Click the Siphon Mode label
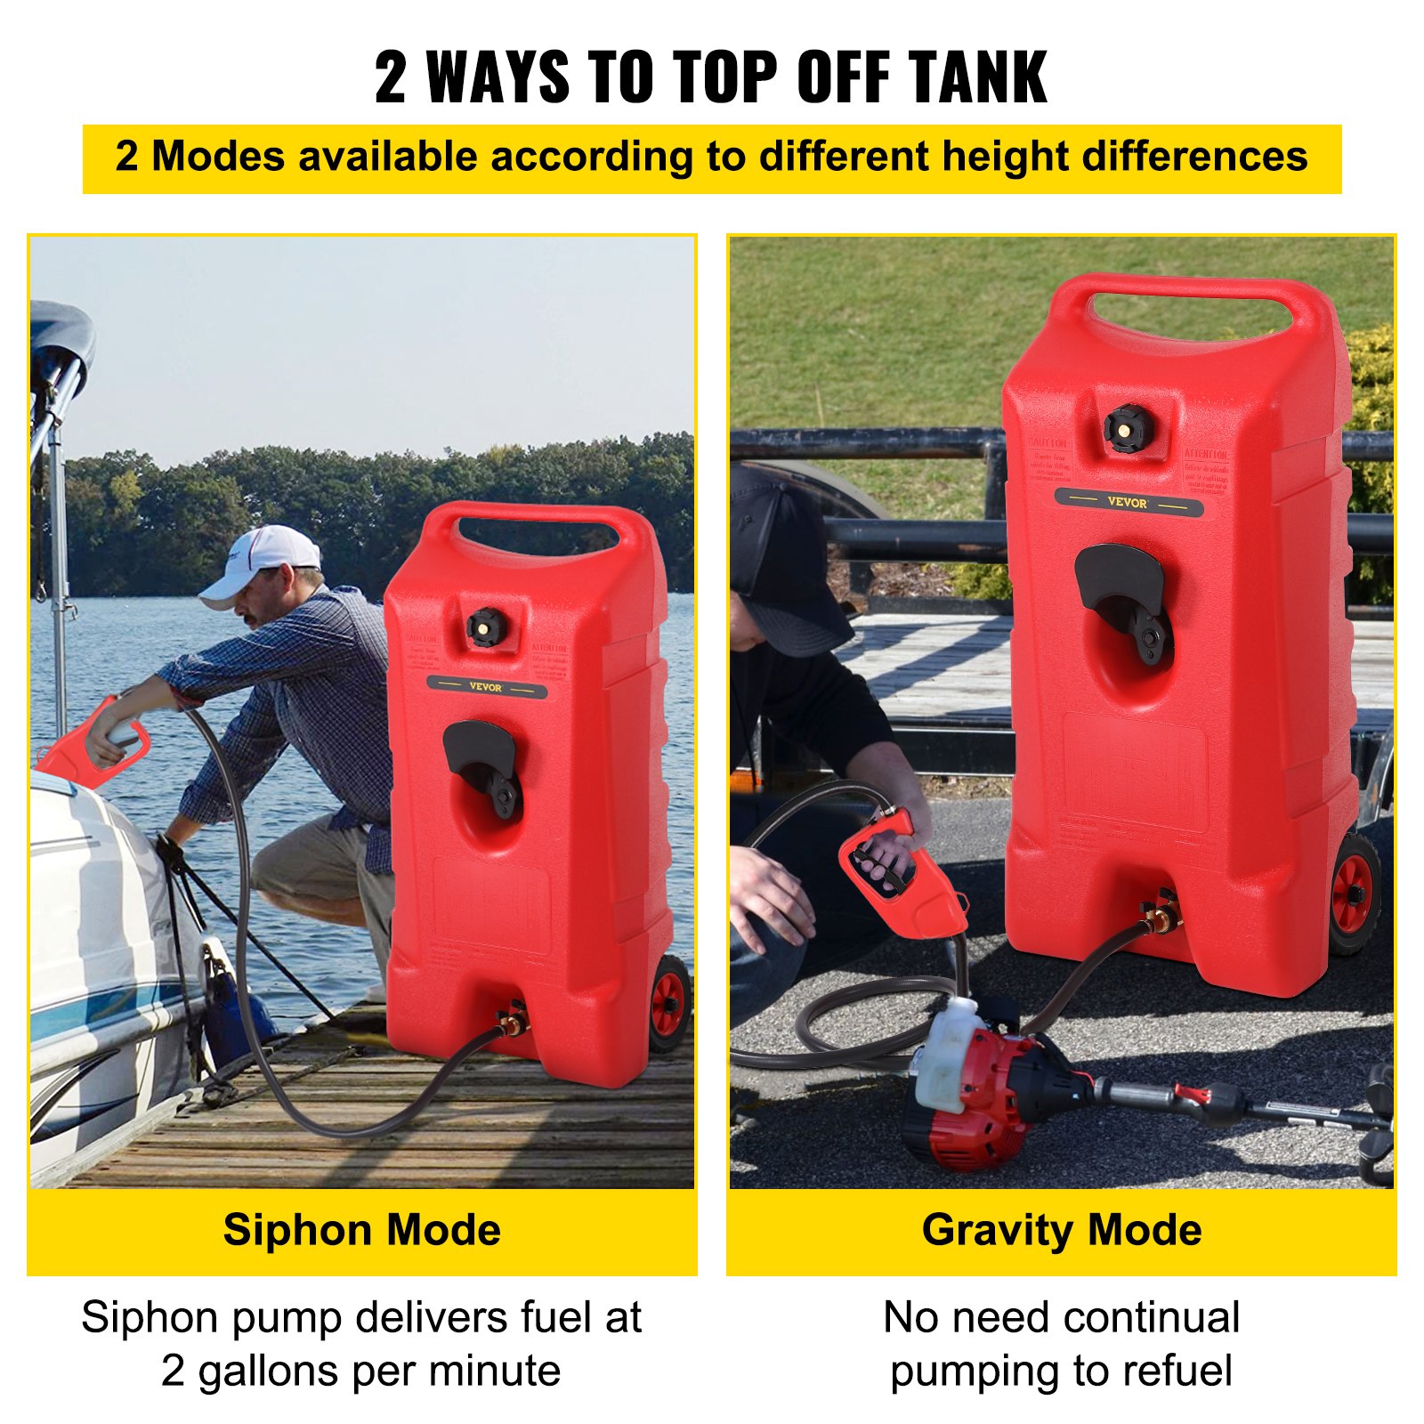[361, 1230]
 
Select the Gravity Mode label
[1061, 1230]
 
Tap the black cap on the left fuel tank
[487, 627]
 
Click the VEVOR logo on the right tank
[1127, 503]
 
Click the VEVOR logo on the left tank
[485, 687]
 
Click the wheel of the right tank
[1355, 892]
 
